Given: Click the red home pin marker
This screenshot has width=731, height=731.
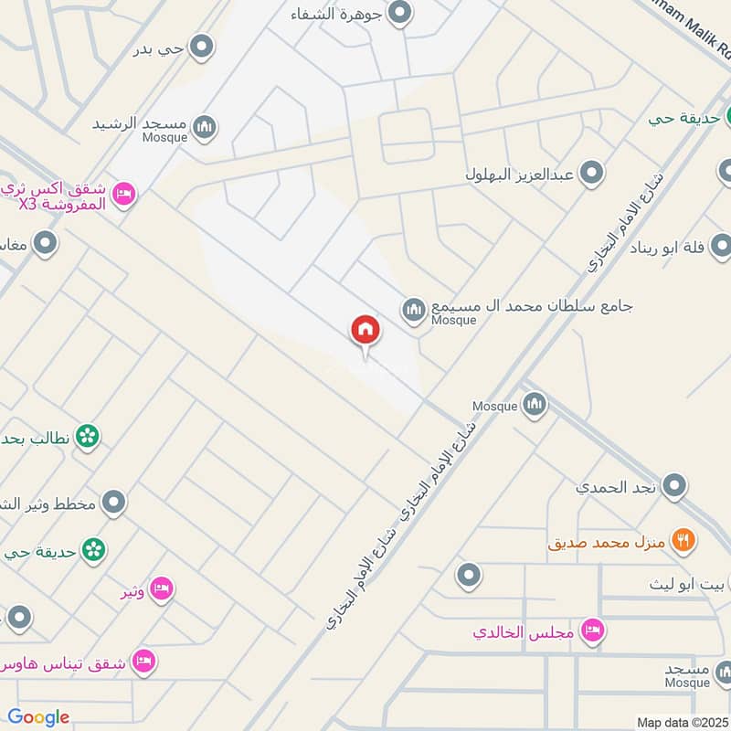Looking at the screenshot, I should tap(365, 330).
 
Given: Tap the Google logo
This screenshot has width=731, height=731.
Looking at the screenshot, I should tap(38, 717).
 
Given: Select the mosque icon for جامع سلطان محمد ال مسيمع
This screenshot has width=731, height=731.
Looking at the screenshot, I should tap(414, 311).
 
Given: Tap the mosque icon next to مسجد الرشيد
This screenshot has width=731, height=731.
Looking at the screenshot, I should tap(206, 127).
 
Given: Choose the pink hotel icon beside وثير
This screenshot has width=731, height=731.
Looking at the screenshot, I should tap(161, 589).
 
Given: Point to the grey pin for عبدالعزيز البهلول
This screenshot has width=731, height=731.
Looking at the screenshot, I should tap(592, 172).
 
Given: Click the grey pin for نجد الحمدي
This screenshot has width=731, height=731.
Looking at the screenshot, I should tap(674, 485).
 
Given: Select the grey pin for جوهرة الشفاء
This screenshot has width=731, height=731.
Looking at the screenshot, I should tap(399, 13).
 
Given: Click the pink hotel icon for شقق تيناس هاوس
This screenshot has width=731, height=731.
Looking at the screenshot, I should tap(143, 661).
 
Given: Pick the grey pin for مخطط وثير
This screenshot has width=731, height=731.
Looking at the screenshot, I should tap(113, 502).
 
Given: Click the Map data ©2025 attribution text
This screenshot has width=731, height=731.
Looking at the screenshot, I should tap(683, 722).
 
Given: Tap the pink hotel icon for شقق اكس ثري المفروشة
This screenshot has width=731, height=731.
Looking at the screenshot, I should tap(125, 193).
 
